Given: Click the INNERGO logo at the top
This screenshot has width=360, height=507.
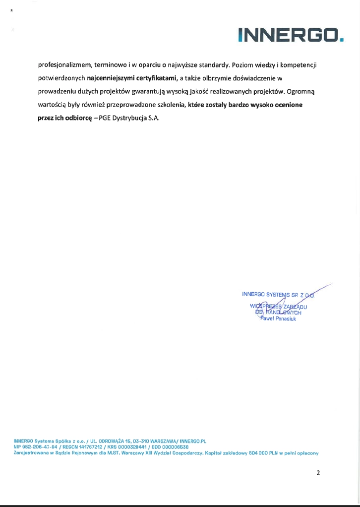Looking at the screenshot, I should (291, 34).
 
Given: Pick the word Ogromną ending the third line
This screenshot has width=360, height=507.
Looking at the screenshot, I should (305, 91).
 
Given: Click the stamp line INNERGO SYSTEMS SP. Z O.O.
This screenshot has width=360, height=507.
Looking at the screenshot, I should (279, 294).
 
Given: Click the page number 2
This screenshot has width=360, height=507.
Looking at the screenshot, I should (318, 473).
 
